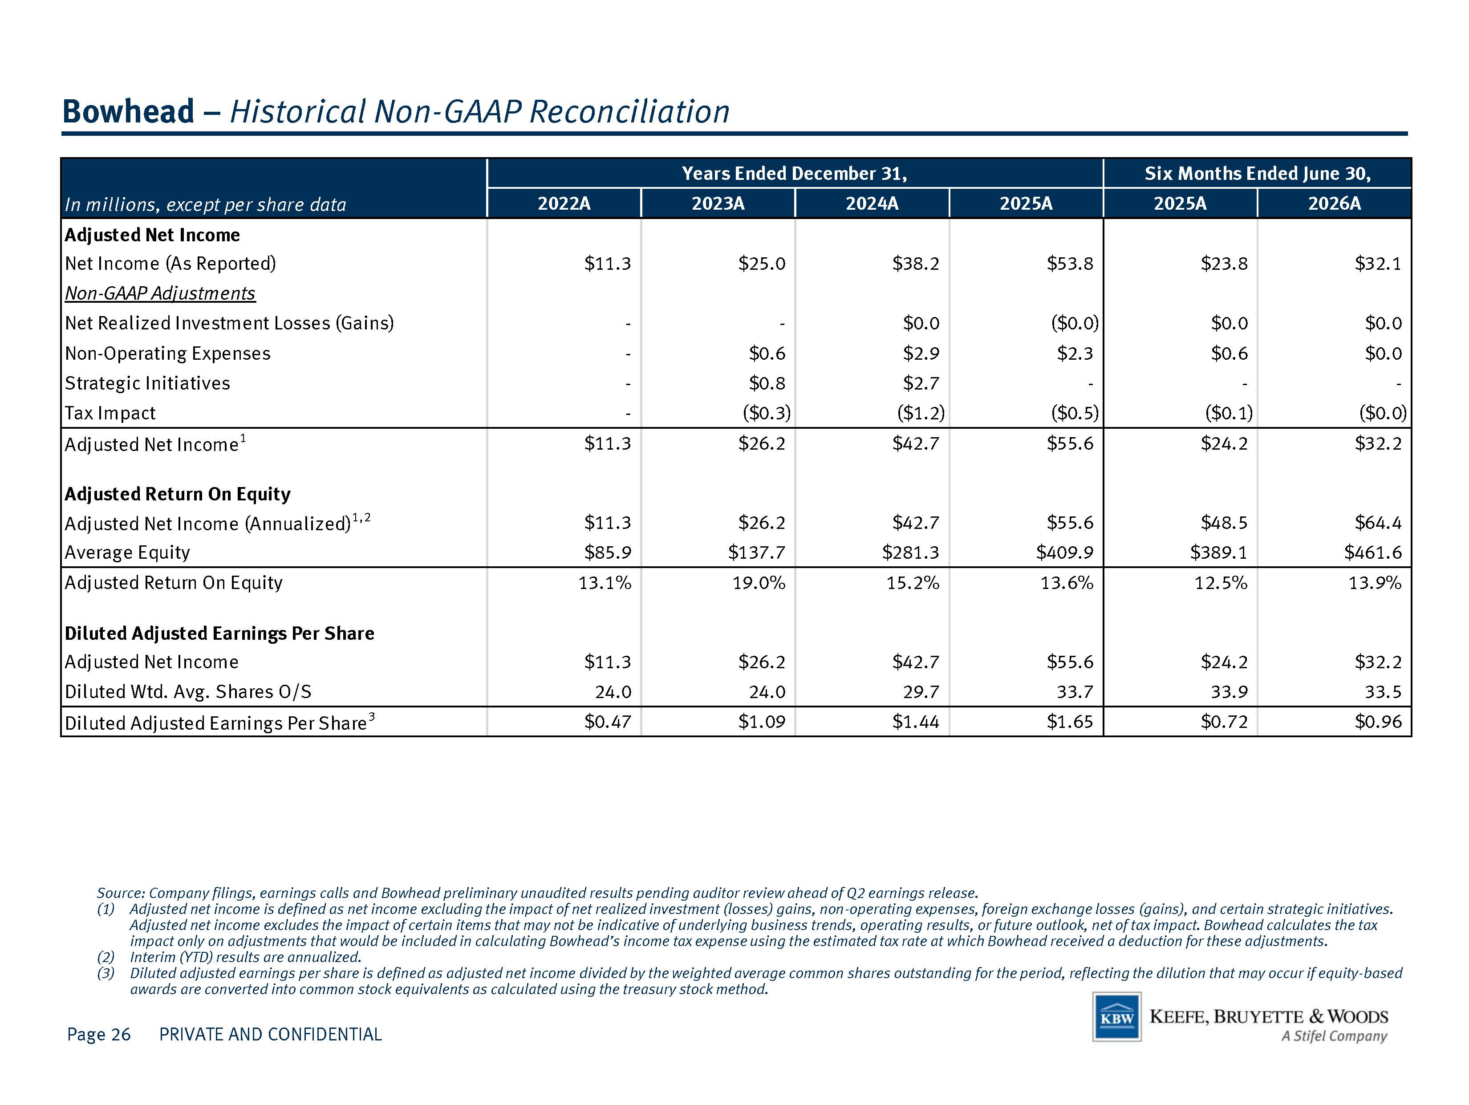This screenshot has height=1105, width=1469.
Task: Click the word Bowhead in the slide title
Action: click(x=128, y=111)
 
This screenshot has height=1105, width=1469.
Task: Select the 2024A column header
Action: click(x=872, y=203)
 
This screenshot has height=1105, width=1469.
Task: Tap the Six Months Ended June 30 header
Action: click(x=1257, y=173)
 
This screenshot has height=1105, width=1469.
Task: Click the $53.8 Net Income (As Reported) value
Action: click(x=1070, y=264)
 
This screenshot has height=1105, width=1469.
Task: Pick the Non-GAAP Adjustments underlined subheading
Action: click(x=160, y=293)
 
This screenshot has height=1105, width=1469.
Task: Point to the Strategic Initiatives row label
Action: click(x=147, y=383)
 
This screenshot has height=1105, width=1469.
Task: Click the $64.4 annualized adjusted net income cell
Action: click(x=1378, y=523)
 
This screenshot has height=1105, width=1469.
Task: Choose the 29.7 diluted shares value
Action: click(x=921, y=692)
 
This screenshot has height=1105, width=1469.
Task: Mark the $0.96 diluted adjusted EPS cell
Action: click(x=1378, y=722)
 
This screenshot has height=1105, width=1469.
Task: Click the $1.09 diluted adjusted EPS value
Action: click(x=762, y=722)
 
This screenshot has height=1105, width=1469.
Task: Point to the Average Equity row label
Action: click(x=127, y=552)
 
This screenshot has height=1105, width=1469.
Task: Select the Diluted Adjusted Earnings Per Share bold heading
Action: click(x=219, y=634)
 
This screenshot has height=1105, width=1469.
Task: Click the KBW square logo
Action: click(x=1116, y=1017)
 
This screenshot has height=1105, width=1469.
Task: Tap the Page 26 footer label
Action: click(x=99, y=1034)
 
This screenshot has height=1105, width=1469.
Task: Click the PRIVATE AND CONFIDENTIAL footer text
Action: click(x=270, y=1034)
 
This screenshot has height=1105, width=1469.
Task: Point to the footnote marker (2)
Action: click(x=106, y=957)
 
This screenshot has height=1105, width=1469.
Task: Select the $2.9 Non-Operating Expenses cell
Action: click(x=921, y=353)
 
